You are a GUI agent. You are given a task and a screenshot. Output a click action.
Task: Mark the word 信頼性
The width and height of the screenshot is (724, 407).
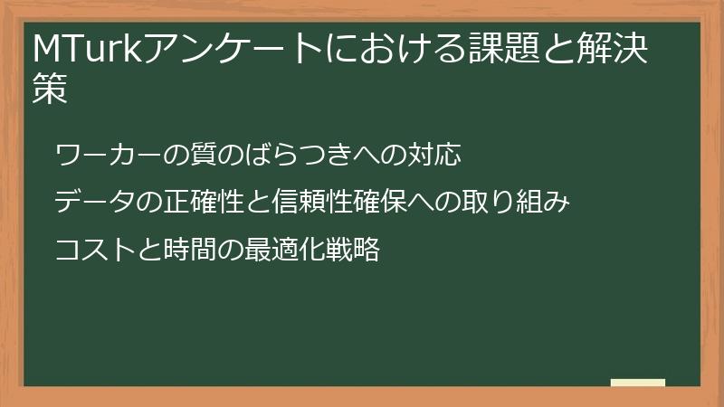(320, 202)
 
